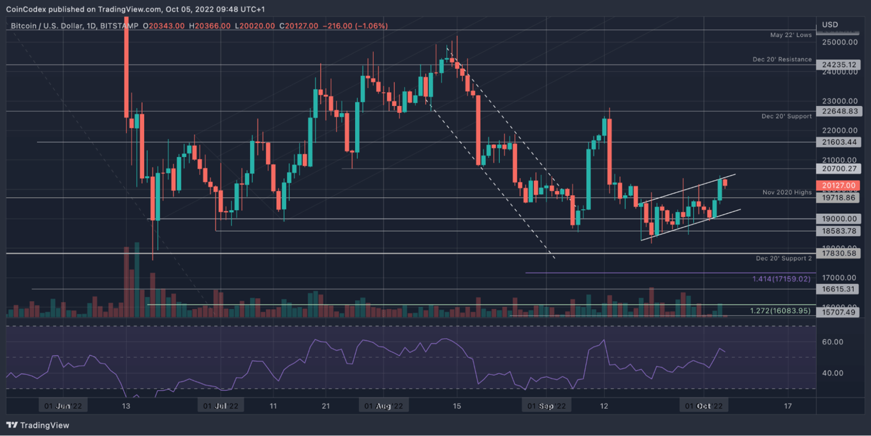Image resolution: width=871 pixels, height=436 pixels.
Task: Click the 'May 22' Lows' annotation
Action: click(x=790, y=35)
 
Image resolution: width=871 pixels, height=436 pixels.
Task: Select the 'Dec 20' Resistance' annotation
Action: click(x=782, y=59)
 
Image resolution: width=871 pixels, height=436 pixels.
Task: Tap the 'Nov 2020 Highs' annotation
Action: click(x=787, y=192)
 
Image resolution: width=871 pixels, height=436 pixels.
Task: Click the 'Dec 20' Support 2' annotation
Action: click(x=784, y=259)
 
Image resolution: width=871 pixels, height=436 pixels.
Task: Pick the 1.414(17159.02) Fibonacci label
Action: click(x=781, y=279)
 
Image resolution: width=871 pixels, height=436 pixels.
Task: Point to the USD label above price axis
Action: click(x=830, y=25)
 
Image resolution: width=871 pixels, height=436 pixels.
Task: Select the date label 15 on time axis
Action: click(x=457, y=405)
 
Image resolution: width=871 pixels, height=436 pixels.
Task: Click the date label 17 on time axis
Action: click(x=787, y=405)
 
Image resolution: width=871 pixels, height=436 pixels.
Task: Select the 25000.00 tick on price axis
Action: click(x=838, y=42)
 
